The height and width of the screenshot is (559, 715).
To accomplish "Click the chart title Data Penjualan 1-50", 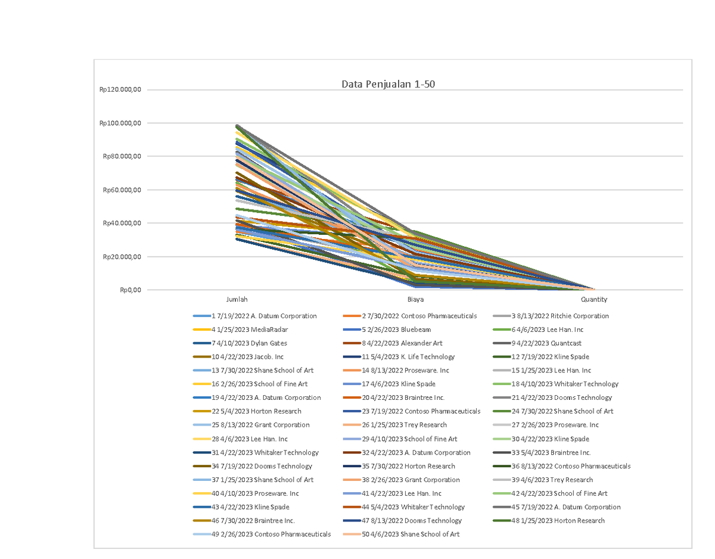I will coord(388,84).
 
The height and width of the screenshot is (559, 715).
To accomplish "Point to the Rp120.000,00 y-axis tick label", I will coord(122,90).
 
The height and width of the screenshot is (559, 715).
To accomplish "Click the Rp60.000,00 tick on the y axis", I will coord(122,190).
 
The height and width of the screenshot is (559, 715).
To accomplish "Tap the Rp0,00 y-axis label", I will coord(130,290).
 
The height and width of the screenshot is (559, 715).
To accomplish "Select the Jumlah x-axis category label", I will coord(237,300).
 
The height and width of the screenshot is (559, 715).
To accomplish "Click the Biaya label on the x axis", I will coord(415,300).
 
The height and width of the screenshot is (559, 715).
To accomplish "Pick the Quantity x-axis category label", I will coord(594,300).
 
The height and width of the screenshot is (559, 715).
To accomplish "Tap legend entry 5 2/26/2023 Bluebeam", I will coord(396,330).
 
